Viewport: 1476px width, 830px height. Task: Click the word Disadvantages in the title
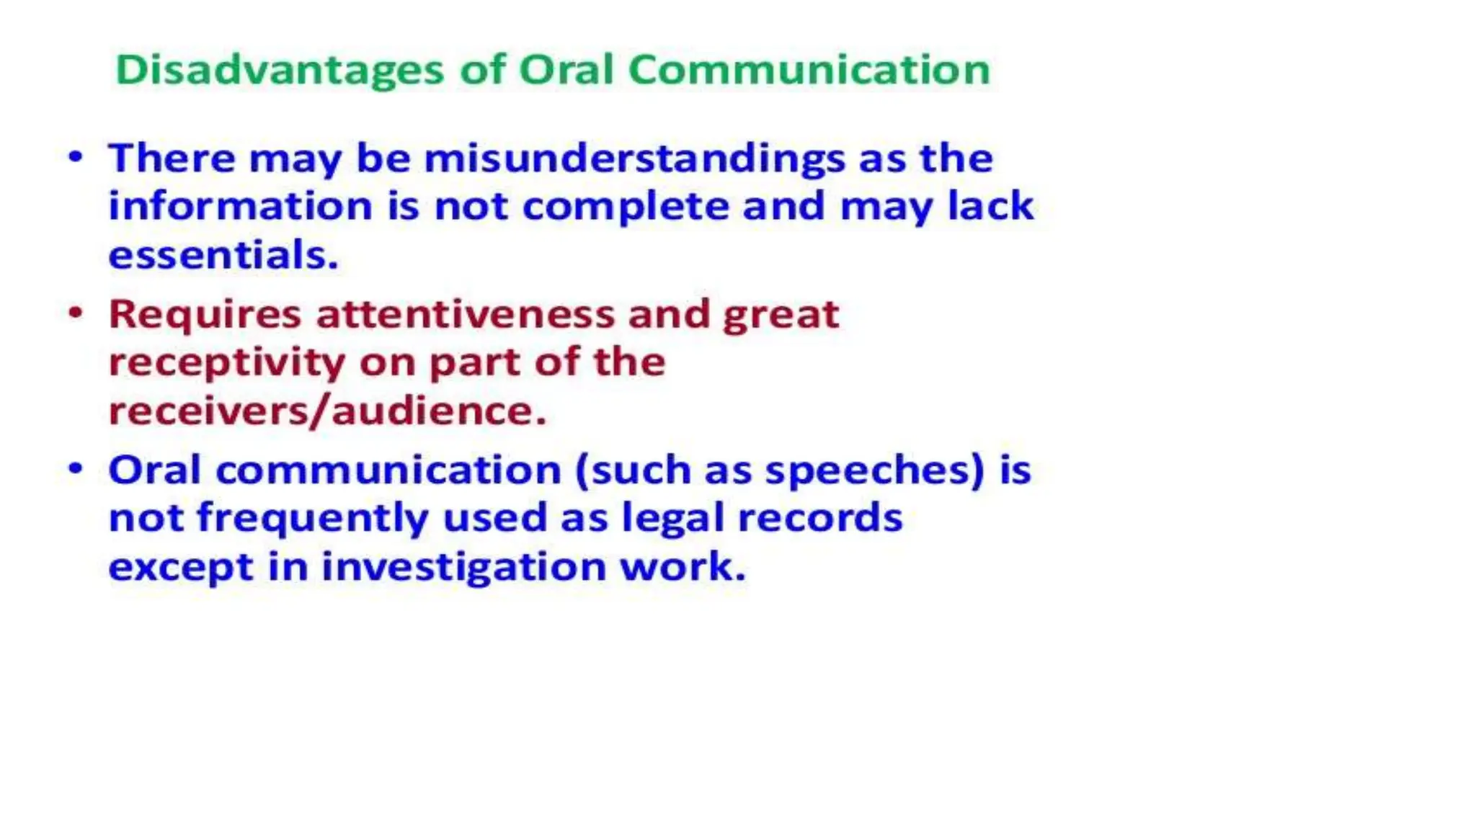(x=280, y=71)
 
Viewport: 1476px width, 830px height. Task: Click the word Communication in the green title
(x=809, y=71)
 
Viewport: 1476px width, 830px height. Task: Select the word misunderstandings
(x=634, y=159)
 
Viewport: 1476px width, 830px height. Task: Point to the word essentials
(x=223, y=255)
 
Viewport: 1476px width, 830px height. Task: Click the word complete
(x=626, y=207)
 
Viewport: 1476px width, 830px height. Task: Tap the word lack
(x=990, y=206)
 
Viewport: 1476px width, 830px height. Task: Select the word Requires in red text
(x=205, y=316)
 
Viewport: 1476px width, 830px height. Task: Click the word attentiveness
(x=466, y=315)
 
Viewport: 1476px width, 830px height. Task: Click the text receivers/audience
(x=327, y=411)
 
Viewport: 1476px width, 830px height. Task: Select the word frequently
(x=313, y=519)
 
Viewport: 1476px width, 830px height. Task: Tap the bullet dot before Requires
(x=76, y=313)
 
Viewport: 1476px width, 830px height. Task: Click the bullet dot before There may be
(x=76, y=156)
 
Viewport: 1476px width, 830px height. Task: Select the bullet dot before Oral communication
(x=76, y=468)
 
